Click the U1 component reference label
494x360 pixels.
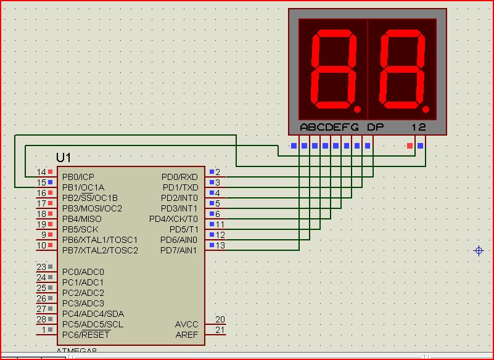tap(64, 158)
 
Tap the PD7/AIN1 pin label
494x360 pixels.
tap(179, 250)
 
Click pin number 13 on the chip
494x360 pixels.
tap(220, 245)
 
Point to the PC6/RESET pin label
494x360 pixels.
tap(86, 335)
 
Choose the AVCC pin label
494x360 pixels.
tap(187, 324)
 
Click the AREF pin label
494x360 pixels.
tap(187, 335)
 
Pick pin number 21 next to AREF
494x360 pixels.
tap(220, 330)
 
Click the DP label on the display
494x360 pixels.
tap(375, 128)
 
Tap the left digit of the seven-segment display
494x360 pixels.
tap(334, 69)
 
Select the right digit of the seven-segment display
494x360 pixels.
tap(402, 69)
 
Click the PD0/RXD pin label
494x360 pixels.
tap(180, 177)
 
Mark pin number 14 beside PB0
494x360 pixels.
tap(41, 172)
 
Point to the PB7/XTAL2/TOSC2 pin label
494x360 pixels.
tap(100, 250)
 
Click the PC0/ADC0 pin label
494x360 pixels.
tap(83, 272)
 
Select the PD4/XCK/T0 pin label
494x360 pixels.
tap(173, 219)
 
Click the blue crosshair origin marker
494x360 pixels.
tap(479, 250)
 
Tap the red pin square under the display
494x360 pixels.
tap(410, 146)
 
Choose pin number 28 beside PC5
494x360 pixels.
tap(41, 319)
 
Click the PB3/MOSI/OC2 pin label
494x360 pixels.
tap(92, 208)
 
